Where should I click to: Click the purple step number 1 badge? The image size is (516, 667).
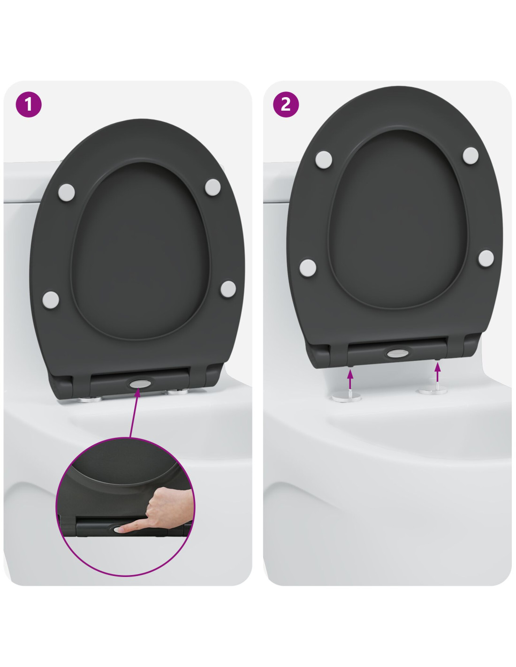click(29, 104)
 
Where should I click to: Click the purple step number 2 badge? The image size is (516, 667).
click(286, 104)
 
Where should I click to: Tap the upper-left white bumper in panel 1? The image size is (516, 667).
click(67, 192)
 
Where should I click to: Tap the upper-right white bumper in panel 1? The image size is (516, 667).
click(212, 187)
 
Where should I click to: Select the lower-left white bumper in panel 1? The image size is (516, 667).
click(51, 300)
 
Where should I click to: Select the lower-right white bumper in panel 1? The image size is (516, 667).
click(228, 288)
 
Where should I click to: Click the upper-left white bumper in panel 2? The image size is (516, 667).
click(324, 159)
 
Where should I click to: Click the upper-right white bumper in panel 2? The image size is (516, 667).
click(470, 155)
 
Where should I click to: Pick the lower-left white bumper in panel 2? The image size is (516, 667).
click(308, 268)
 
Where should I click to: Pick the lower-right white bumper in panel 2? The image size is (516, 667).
click(486, 258)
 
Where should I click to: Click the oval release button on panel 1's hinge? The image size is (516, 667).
click(140, 383)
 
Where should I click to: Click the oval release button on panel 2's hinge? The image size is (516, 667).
click(397, 353)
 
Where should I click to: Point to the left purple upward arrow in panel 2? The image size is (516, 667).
click(350, 379)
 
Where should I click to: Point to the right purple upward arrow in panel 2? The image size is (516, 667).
click(437, 372)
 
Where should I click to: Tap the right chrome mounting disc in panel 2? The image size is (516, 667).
click(433, 390)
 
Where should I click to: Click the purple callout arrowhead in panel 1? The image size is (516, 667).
click(137, 393)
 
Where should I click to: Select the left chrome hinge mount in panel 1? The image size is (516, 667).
click(90, 399)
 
